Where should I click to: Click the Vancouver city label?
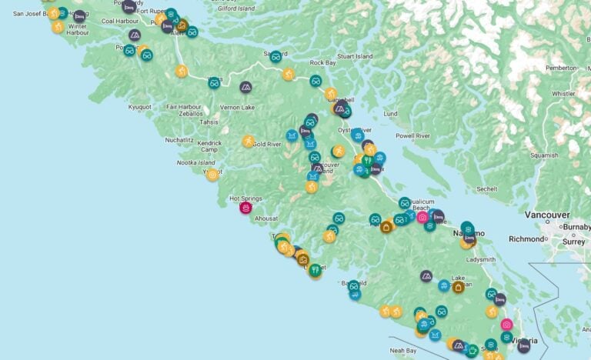[547, 215]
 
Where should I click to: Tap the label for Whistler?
[563, 94]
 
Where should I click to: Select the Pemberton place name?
[559, 68]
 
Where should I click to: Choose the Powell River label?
[412, 136]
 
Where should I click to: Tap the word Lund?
[390, 114]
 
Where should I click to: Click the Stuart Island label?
[355, 57]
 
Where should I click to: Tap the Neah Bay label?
[404, 350]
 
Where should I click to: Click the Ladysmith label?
[480, 259]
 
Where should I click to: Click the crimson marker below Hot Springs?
[245, 208]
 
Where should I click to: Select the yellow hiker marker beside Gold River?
[249, 142]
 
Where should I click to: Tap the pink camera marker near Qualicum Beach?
[422, 218]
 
